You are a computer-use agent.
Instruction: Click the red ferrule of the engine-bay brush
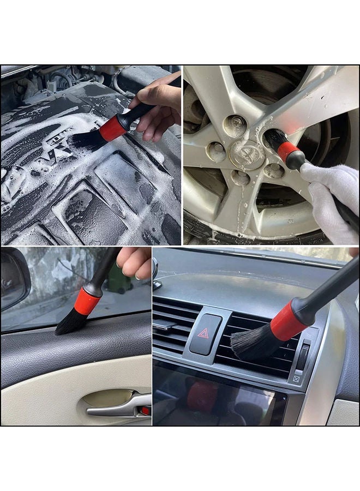113,129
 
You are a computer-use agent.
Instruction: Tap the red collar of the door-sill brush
87,301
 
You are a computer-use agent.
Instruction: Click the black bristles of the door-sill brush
69,323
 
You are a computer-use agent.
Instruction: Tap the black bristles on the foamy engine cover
87,140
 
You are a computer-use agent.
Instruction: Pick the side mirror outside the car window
13,279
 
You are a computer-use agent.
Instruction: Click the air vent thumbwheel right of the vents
302,358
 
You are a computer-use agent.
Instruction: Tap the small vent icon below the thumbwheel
296,379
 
